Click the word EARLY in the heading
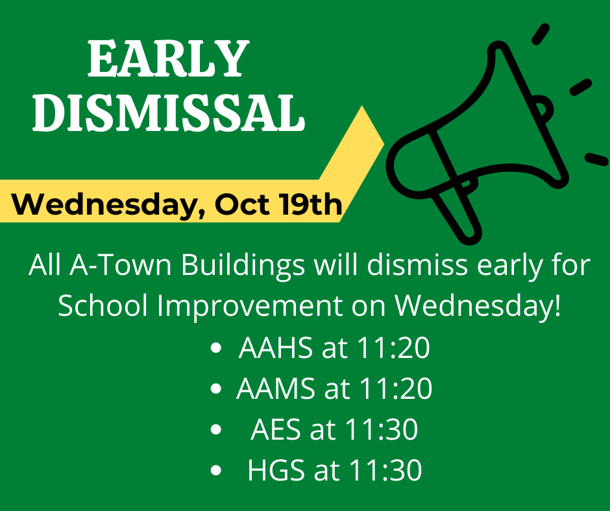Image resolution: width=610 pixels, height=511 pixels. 169,58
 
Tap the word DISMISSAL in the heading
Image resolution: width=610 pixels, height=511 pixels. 169,112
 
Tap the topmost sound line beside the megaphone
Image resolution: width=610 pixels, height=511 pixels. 541,34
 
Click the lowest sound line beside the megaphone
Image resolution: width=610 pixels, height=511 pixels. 597,159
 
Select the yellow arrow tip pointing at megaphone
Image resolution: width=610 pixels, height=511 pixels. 384,143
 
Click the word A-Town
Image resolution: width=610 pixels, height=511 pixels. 121,265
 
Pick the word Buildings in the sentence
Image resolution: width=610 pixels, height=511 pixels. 243,267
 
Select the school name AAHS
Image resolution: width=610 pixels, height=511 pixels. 275,348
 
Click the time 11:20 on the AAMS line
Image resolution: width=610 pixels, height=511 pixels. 395,388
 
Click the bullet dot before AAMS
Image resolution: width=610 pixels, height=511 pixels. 215,388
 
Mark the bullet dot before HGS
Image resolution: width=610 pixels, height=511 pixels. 215,470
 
